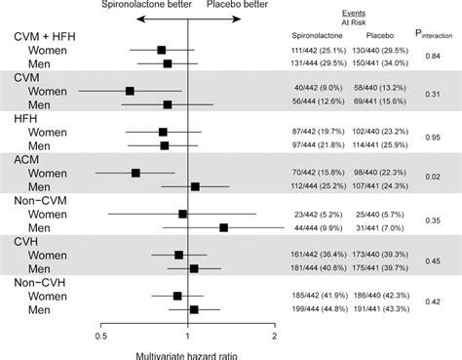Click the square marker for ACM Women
click(x=135, y=172)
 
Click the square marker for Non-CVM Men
click(x=224, y=227)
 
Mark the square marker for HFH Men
click(x=164, y=145)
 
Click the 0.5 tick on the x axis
click(x=100, y=338)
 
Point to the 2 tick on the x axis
click(x=275, y=338)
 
